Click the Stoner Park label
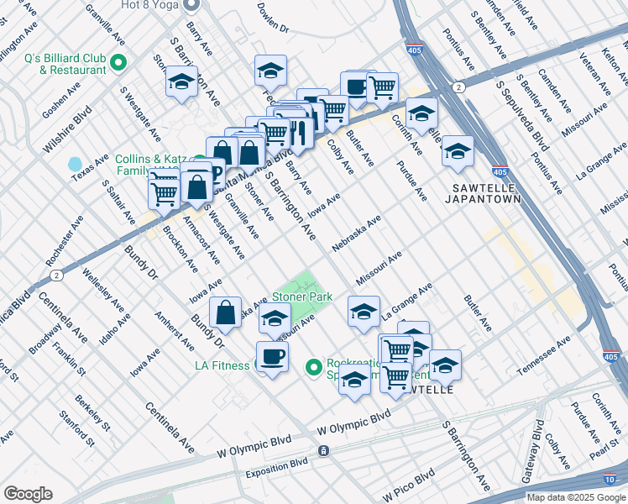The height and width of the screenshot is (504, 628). pyautogui.click(x=302, y=297)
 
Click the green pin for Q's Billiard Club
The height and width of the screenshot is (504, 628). pyautogui.click(x=118, y=63)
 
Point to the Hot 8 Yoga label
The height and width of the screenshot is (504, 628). pyautogui.click(x=150, y=4)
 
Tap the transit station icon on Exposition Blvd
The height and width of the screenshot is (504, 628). pyautogui.click(x=322, y=451)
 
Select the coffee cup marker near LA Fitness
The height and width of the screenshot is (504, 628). pyautogui.click(x=272, y=357)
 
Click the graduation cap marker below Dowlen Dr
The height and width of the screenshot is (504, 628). pyautogui.click(x=270, y=71)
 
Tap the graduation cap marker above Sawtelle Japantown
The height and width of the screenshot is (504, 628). pyautogui.click(x=458, y=151)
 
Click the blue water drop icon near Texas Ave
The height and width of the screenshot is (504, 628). pyautogui.click(x=76, y=163)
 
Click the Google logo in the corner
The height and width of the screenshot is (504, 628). pyautogui.click(x=28, y=494)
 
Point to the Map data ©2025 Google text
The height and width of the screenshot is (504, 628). pyautogui.click(x=575, y=497)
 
